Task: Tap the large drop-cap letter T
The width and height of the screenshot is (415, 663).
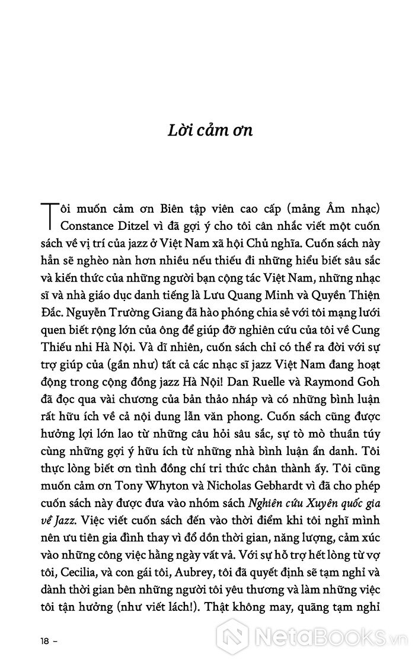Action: click(49, 215)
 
